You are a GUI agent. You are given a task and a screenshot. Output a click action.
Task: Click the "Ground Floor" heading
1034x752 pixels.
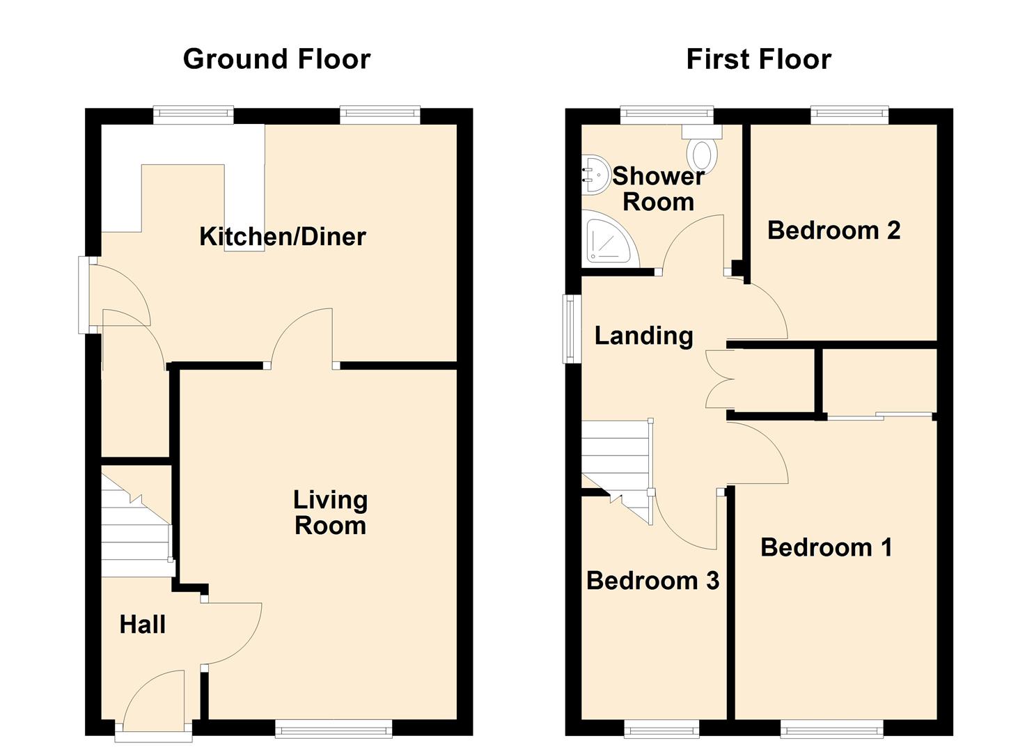[276, 59]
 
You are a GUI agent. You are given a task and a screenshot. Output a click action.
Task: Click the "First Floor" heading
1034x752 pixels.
[758, 59]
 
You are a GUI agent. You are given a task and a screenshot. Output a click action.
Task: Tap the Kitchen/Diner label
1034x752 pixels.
[282, 237]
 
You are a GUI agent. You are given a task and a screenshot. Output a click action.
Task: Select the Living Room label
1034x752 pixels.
[330, 512]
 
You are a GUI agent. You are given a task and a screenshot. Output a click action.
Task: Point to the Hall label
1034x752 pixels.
[143, 625]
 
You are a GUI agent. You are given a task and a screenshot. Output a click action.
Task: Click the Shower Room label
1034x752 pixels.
[658, 189]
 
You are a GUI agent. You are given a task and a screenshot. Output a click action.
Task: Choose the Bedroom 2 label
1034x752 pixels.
[833, 230]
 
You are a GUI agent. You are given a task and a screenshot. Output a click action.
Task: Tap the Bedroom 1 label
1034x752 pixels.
[826, 547]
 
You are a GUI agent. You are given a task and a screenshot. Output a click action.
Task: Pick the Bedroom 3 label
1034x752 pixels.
[652, 580]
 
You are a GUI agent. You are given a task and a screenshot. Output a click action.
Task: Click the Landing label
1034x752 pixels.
[643, 336]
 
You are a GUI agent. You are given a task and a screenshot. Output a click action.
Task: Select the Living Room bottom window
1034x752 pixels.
[334, 728]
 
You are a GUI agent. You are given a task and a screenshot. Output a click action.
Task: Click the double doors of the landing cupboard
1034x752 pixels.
[719, 379]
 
